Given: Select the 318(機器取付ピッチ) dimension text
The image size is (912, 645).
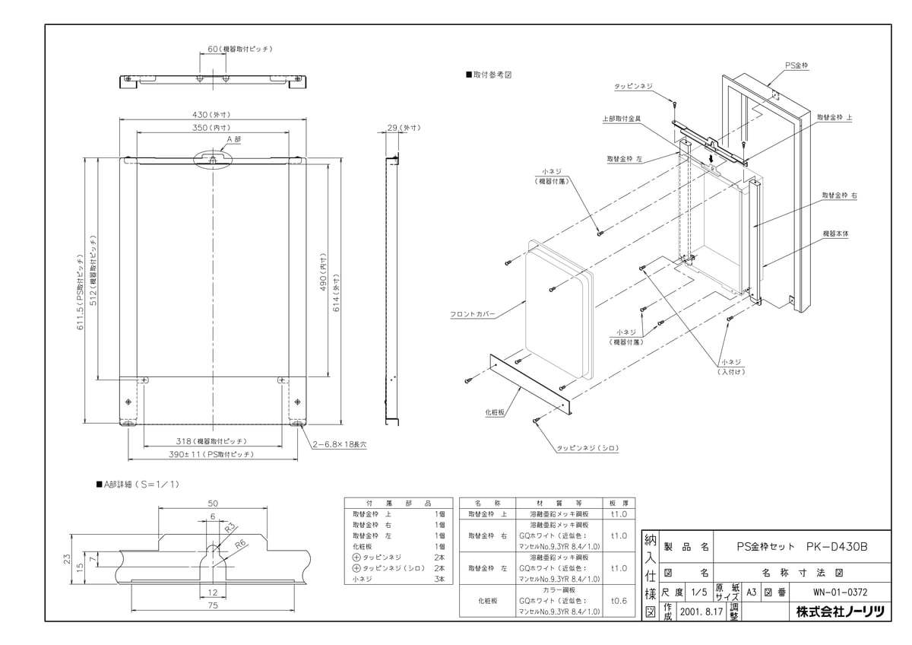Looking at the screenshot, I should [212, 441].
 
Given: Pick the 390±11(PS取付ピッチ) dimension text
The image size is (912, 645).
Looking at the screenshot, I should [212, 454].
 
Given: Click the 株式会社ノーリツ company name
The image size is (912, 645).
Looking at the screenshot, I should [839, 612].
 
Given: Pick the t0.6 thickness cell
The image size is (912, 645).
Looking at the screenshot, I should [619, 600].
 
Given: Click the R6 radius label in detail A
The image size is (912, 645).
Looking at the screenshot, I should [241, 545].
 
